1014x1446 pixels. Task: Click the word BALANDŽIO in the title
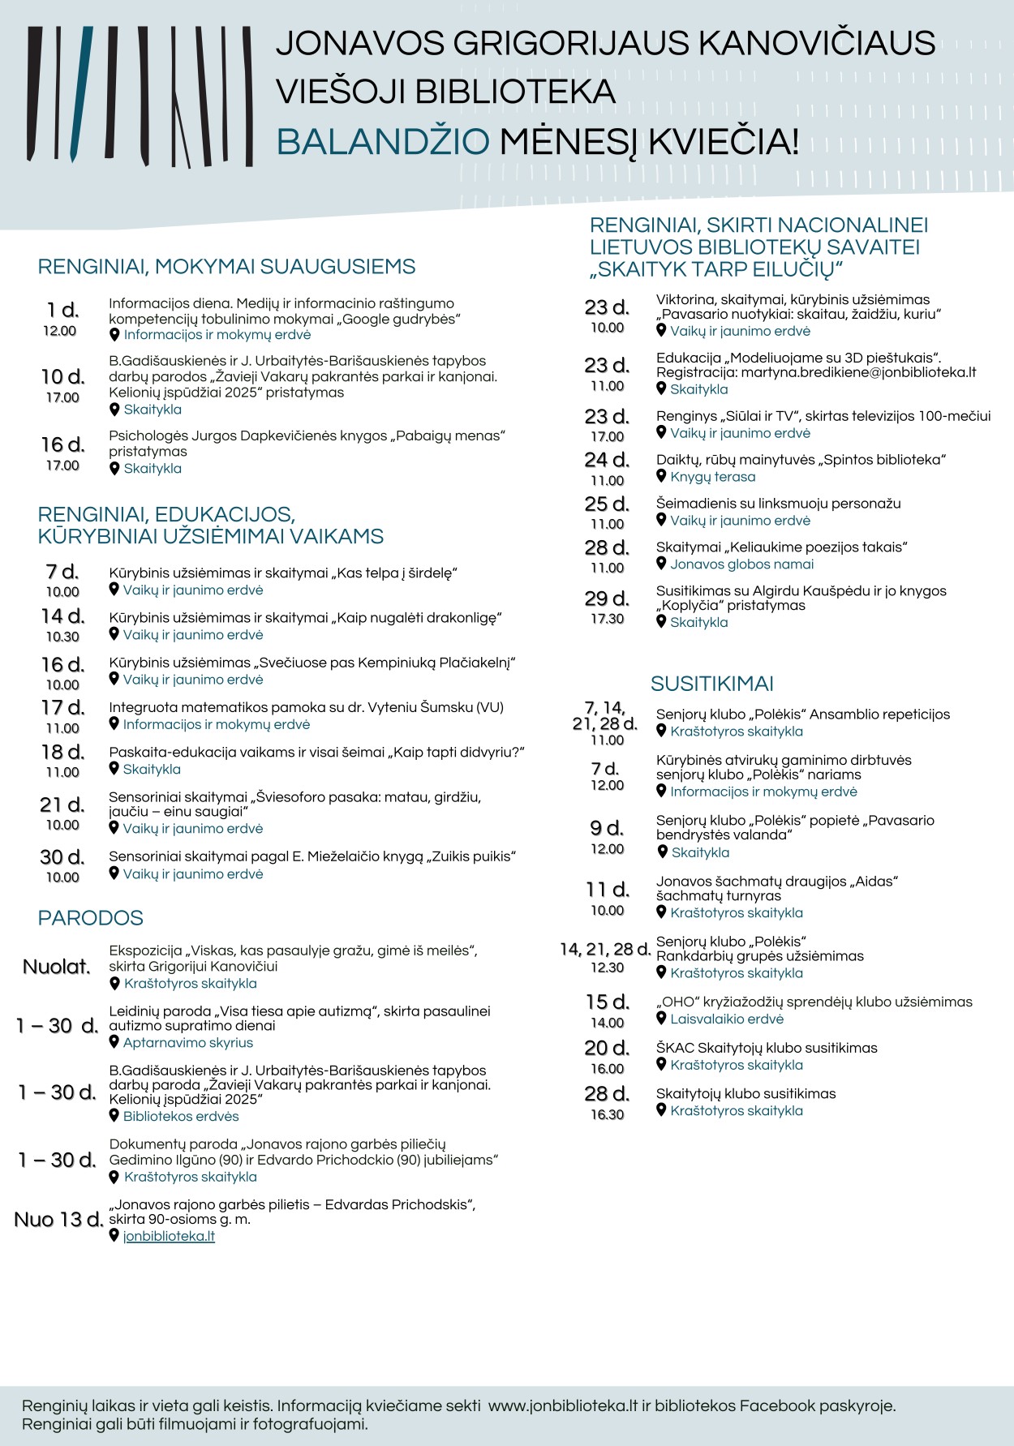[x=383, y=142]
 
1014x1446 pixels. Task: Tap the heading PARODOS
[x=90, y=918]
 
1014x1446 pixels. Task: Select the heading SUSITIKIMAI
[x=711, y=684]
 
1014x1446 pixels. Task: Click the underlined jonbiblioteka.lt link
[x=169, y=1236]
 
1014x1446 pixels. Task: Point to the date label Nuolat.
[x=57, y=967]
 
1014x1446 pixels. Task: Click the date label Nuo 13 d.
[x=58, y=1220]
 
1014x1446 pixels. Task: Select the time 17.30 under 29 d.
[x=607, y=619]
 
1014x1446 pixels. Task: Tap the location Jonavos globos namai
[x=741, y=564]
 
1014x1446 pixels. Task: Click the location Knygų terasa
[x=712, y=477]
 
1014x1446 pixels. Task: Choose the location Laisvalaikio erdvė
[x=727, y=1019]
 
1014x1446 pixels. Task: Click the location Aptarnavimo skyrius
[x=188, y=1043]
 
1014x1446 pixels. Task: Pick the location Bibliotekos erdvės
[x=181, y=1117]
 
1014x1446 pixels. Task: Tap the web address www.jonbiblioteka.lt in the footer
[x=563, y=1405]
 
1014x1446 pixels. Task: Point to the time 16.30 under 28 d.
[x=607, y=1114]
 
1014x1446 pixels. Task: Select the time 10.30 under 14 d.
[x=62, y=637]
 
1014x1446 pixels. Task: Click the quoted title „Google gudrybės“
[x=401, y=320]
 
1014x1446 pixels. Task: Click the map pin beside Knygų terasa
[x=661, y=476]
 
